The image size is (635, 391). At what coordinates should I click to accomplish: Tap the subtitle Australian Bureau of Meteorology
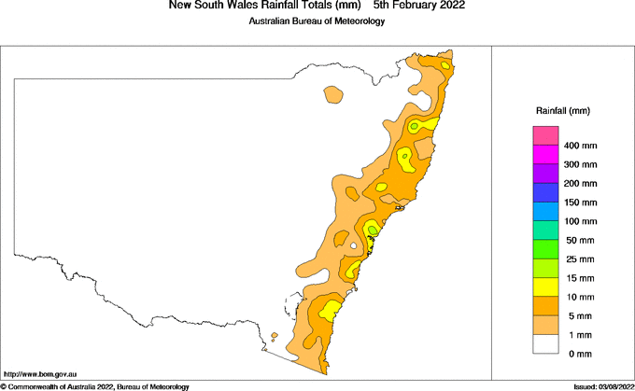pos(317,21)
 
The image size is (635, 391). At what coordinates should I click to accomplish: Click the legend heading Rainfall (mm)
pos(562,111)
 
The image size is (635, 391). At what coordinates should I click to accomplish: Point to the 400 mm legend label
pos(581,146)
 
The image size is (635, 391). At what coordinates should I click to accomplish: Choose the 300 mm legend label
pos(581,164)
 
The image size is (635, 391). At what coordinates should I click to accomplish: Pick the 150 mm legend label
pos(581,202)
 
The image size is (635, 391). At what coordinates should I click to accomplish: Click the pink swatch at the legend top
pos(544,135)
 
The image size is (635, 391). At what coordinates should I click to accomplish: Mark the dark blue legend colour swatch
pos(544,192)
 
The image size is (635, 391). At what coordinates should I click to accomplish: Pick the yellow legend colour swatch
pos(544,287)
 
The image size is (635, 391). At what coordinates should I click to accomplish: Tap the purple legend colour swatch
pos(544,174)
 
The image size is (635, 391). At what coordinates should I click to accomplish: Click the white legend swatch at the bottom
pos(544,344)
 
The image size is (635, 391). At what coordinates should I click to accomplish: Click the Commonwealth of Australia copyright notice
pos(95,386)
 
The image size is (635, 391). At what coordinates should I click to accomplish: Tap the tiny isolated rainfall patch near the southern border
pos(274,337)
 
